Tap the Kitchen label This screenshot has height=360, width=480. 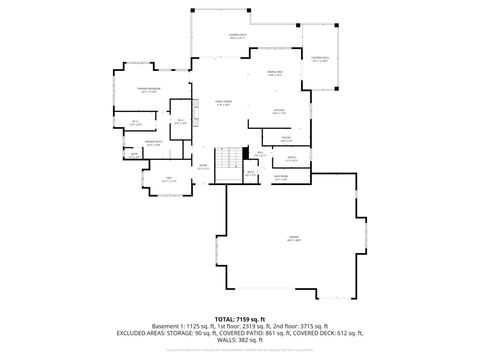coord(281,112)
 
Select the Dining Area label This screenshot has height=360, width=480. coord(273,73)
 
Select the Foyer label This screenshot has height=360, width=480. coord(202,167)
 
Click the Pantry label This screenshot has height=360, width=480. coord(286,138)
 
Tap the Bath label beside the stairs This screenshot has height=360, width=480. coord(251,172)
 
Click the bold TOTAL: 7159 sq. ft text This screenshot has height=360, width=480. coord(240,317)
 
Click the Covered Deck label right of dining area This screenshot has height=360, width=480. coord(320,60)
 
